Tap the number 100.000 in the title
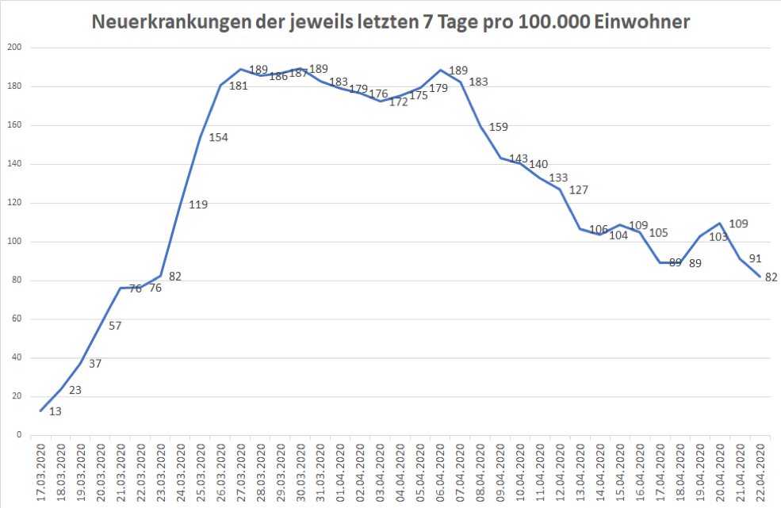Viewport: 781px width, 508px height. (553, 22)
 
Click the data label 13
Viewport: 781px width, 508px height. (56, 411)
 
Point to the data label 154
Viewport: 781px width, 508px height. (218, 137)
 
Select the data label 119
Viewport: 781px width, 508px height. (198, 205)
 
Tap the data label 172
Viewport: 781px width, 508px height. (398, 101)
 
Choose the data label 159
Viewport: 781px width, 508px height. (499, 127)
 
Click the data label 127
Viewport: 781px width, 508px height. (579, 189)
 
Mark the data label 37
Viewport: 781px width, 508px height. (95, 364)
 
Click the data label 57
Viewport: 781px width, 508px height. (115, 326)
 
